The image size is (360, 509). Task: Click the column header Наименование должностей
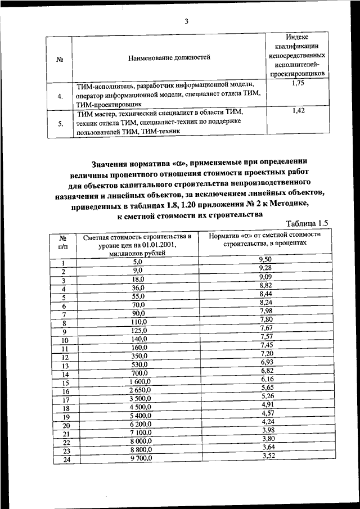coord(169,57)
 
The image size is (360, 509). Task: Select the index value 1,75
coord(299,83)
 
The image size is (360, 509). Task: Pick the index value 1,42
coord(299,111)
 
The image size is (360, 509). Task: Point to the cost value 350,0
coord(138,357)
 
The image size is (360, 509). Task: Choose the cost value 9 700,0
coord(137,459)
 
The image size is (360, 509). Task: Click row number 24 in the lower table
coord(65,460)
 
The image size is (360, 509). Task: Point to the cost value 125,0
coord(138,331)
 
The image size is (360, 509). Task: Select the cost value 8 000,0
coord(137,442)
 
